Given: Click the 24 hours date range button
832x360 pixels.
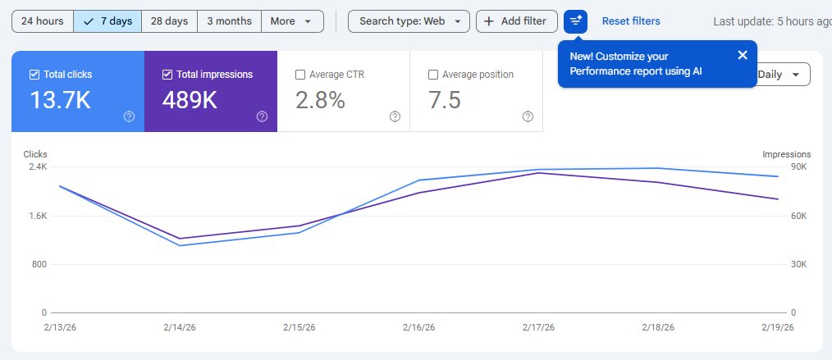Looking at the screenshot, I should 43,21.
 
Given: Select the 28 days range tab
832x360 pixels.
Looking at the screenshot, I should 170,21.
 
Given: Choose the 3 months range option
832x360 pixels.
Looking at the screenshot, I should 230,21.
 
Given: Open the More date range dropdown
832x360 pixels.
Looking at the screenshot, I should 291,21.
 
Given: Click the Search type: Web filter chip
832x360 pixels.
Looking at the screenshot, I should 409,21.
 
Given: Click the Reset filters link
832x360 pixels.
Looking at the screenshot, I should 630,21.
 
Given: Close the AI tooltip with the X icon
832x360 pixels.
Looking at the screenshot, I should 743,55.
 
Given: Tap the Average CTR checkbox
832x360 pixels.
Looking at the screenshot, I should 300,75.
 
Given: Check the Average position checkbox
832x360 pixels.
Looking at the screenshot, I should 433,75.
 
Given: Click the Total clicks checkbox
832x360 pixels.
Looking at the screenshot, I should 34,75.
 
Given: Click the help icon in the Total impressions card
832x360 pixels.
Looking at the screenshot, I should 262,116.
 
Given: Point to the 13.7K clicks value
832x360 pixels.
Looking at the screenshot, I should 60,100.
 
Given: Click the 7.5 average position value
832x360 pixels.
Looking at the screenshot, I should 444,100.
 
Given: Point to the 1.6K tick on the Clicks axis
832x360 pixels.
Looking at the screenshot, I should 37,216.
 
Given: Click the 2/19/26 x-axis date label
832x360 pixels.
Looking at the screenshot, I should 778,327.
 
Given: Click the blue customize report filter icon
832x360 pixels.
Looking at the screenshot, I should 576,21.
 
